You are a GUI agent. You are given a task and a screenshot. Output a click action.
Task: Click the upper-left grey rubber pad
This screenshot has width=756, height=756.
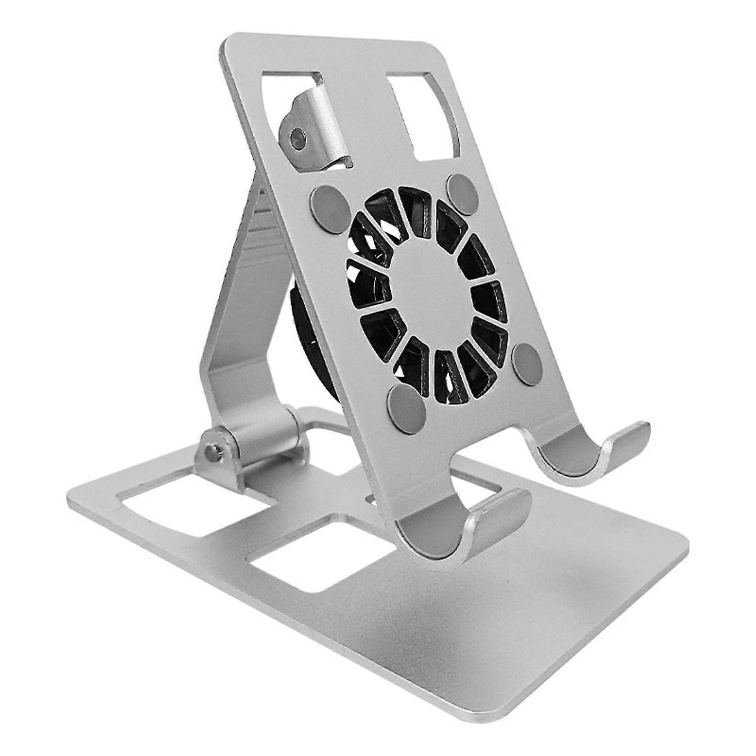tap(329, 203)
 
